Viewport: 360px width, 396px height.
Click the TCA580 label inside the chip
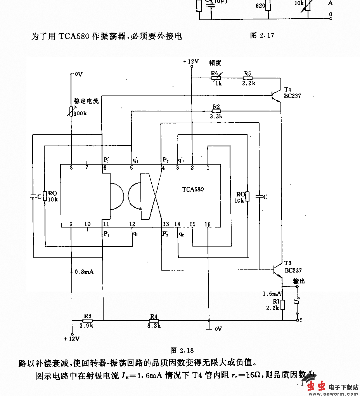[193, 189]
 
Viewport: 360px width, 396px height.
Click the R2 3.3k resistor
[216, 111]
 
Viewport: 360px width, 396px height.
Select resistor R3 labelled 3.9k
[87, 320]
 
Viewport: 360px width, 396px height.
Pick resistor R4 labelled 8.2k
[154, 320]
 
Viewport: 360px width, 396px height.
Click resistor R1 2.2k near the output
[283, 305]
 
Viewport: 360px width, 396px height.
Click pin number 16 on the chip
[208, 224]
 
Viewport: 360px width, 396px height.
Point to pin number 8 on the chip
[71, 168]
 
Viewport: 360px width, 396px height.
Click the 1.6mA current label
[272, 294]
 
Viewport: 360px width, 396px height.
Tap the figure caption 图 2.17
[262, 35]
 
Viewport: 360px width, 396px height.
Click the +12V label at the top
[191, 61]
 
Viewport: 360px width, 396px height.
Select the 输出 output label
[299, 281]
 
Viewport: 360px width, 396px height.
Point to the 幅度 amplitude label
[215, 62]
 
